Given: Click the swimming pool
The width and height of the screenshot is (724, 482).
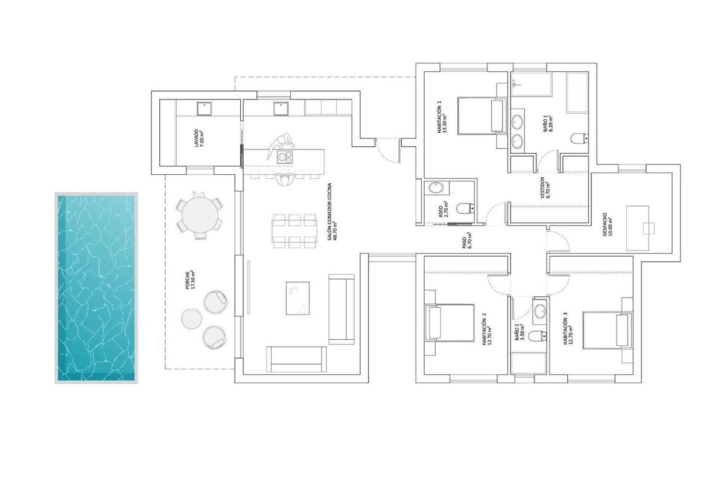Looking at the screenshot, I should [x=97, y=288].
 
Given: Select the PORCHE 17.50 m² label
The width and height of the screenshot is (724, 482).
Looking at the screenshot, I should [x=191, y=280].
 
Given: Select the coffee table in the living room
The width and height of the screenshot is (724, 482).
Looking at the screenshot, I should [x=297, y=298].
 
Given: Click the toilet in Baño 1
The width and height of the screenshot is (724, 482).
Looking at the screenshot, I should [x=577, y=139].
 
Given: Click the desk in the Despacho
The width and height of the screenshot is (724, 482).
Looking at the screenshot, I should [x=639, y=228].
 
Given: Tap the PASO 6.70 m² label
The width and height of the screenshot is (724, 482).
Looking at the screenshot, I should [x=466, y=241].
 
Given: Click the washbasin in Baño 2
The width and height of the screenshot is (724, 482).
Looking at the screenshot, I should [x=539, y=311].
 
